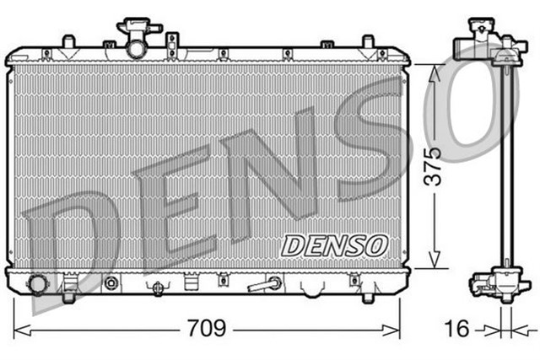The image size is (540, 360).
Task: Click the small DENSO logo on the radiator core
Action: click(333, 245)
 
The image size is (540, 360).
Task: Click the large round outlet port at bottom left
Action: click(37, 284)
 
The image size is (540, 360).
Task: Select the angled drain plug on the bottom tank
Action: click(265, 284)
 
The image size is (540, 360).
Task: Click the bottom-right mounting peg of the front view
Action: click(369, 294)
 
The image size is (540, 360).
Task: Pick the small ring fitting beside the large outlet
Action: click(111, 283)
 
